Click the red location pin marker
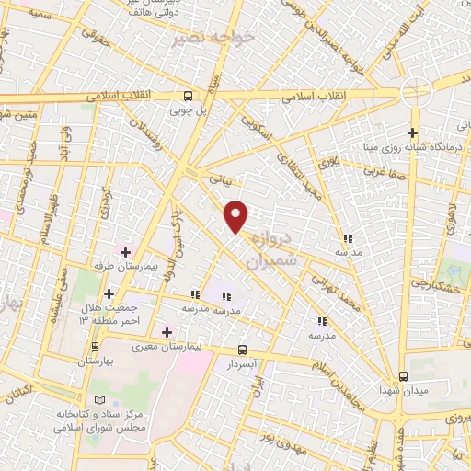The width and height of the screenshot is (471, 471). point(237,215)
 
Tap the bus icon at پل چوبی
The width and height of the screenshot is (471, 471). point(189,96)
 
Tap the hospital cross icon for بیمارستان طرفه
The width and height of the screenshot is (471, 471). point(125,251)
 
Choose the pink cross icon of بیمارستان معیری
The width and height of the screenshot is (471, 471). point(167,332)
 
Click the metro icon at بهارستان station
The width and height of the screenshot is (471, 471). point(95,347)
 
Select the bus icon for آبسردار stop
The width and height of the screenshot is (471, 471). point(242,350)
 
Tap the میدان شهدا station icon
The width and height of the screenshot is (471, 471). point(404,376)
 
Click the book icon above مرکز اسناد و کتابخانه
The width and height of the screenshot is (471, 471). point(98,400)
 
